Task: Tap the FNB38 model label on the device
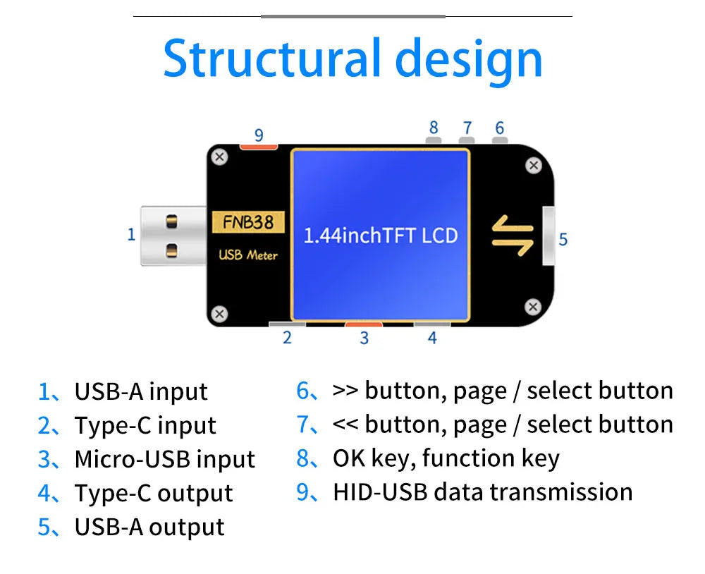coord(247,222)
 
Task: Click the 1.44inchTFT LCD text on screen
coord(381,236)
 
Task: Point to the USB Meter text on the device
coord(248,255)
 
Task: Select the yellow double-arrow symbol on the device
coord(513,236)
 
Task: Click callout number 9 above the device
coord(259,135)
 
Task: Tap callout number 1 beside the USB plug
coord(131,234)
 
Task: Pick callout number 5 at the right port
coord(563,239)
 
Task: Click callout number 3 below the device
coord(364,338)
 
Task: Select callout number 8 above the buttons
coord(434,128)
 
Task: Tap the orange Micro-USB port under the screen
coord(364,324)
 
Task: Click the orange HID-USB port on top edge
coord(259,147)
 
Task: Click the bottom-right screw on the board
coord(533,307)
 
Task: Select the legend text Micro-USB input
coord(164,460)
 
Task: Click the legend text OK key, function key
coord(446,458)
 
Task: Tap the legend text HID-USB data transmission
coord(482,492)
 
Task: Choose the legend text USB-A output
coord(149,527)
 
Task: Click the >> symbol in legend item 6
coord(345,391)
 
